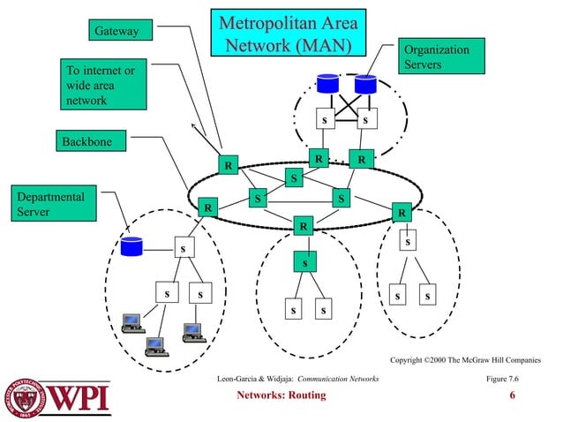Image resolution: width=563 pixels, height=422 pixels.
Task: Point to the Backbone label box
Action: [x=93, y=140]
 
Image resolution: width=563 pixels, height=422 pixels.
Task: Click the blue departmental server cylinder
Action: [x=132, y=245]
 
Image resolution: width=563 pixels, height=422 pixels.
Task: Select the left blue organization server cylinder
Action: [x=328, y=85]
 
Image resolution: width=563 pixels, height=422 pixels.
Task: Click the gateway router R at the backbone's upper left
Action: [x=228, y=165]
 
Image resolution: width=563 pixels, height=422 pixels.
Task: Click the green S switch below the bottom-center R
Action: [x=304, y=262]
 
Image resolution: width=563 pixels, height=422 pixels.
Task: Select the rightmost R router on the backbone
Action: [x=402, y=213]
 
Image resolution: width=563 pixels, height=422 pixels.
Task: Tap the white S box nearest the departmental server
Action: [x=183, y=248]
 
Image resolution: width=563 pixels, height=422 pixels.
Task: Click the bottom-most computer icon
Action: [x=156, y=345]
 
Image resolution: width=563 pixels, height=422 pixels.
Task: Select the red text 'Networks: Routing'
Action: [x=281, y=395]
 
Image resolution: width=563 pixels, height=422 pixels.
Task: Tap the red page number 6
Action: [x=513, y=395]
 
